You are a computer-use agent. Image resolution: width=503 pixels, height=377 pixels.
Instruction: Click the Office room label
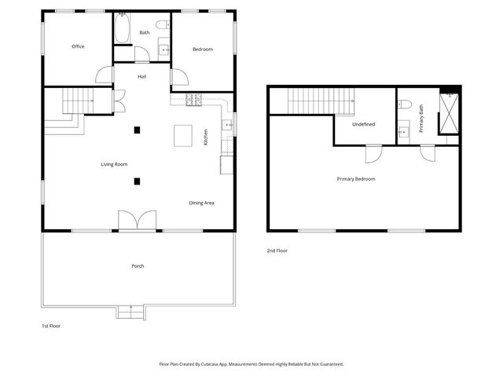(78, 46)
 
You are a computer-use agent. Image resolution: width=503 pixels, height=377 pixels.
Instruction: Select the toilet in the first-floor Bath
(163, 26)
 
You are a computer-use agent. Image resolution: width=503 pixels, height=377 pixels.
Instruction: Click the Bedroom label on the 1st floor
(203, 49)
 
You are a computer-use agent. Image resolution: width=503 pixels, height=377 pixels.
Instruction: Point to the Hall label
(142, 76)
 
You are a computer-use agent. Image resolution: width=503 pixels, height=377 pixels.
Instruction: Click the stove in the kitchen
(194, 100)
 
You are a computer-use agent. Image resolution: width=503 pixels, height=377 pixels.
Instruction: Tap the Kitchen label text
(206, 137)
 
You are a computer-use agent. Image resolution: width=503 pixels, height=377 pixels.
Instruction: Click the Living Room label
(114, 164)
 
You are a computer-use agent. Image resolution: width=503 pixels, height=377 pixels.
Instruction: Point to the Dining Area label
(202, 203)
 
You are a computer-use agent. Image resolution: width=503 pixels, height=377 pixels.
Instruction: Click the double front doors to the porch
(138, 221)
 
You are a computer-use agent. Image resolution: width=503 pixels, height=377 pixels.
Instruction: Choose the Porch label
(138, 266)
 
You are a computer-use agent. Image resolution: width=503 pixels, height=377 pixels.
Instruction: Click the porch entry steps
(130, 313)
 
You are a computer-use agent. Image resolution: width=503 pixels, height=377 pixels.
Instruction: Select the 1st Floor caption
(50, 325)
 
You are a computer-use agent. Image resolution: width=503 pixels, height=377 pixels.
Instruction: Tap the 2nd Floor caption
(277, 251)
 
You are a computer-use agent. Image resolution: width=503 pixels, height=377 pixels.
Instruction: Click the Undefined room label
(363, 124)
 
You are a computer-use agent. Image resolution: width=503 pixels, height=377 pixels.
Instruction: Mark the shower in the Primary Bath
(449, 115)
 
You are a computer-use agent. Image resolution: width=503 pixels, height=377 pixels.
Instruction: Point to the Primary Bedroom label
(356, 179)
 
